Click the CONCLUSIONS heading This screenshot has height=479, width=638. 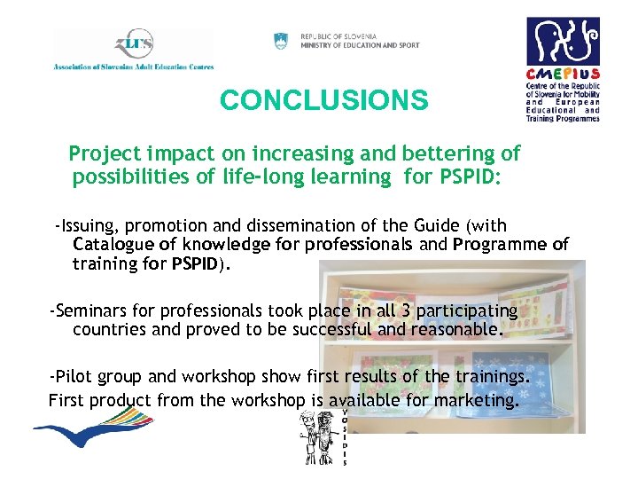coord(323,100)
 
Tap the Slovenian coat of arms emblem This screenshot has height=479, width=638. coord(281,41)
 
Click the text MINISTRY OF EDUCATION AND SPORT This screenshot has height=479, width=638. coord(360,45)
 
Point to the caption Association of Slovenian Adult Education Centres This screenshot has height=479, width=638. coord(133,67)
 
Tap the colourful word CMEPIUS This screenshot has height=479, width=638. coord(563,75)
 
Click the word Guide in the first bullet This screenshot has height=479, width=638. coord(426,227)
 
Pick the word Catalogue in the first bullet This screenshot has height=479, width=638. coord(113,244)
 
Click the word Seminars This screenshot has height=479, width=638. coord(93,311)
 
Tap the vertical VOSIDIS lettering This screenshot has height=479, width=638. coord(344,437)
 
